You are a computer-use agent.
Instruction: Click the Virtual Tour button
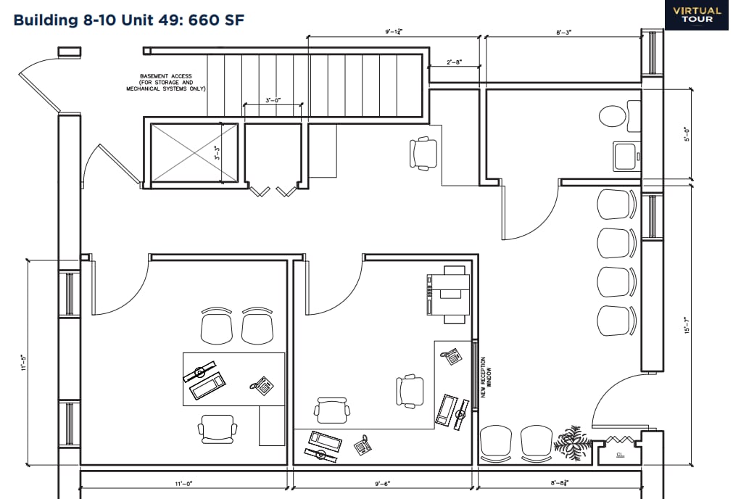click(x=697, y=15)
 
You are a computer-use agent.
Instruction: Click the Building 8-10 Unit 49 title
click(x=129, y=20)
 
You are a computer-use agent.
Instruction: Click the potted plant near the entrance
click(x=572, y=440)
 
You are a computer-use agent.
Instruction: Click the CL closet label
click(x=620, y=455)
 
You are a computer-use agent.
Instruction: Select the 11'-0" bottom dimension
click(x=183, y=482)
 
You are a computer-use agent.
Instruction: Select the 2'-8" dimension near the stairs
click(x=455, y=63)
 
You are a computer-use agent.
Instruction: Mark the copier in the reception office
click(x=448, y=293)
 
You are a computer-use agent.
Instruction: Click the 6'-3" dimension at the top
click(x=563, y=33)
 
